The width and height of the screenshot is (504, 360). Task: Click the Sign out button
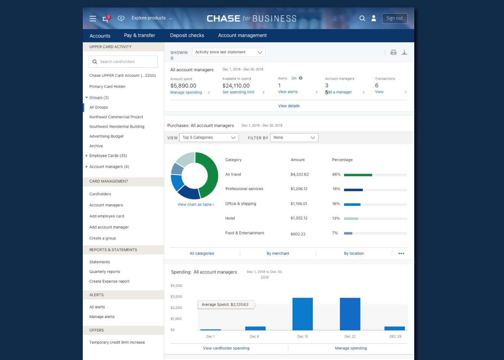[x=395, y=19]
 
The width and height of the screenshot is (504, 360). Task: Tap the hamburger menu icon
[x=93, y=19]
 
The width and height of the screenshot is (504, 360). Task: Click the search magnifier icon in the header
[x=362, y=18]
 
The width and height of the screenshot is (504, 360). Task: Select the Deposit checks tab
[x=187, y=35]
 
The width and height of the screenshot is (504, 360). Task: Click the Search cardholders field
[x=123, y=62]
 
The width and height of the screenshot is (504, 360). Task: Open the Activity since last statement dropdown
[x=228, y=52]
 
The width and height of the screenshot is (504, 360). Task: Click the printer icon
[x=393, y=52]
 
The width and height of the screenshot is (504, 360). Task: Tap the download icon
[x=404, y=52]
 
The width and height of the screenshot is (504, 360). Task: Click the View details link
[x=289, y=106]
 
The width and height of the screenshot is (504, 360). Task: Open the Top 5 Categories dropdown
[x=209, y=137]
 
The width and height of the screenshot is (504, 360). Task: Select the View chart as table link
[x=196, y=205]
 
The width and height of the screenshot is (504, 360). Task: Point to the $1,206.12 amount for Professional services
[x=299, y=189]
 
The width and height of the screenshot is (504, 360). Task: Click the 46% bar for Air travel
[x=358, y=175]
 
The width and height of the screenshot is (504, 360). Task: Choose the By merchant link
[x=277, y=253]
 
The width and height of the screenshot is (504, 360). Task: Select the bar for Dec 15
[x=303, y=314]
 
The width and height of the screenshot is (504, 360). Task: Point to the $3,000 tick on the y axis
[x=176, y=296]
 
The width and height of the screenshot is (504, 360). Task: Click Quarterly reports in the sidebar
[x=105, y=272]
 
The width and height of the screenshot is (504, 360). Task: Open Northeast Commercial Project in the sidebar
[x=116, y=117]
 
